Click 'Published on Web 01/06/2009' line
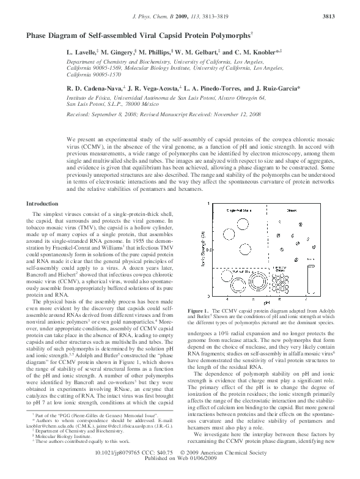coord(180,473)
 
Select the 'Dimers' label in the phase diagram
coord(292,209)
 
